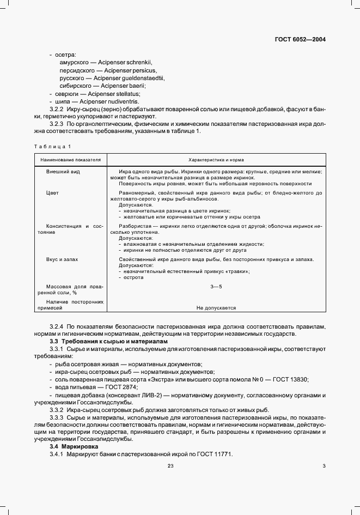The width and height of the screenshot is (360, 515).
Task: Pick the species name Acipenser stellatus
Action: click(x=108, y=94)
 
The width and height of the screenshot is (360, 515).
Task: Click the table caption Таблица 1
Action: click(x=52, y=147)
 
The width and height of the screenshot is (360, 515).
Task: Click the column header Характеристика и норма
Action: click(x=216, y=160)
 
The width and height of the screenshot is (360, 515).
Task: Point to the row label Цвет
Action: click(x=52, y=193)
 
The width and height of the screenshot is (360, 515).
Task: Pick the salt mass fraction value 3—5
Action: click(x=216, y=286)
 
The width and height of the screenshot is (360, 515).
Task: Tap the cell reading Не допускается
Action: click(x=216, y=308)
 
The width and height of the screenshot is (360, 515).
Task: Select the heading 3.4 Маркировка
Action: click(x=71, y=446)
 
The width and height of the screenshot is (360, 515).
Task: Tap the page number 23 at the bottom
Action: click(x=170, y=465)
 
